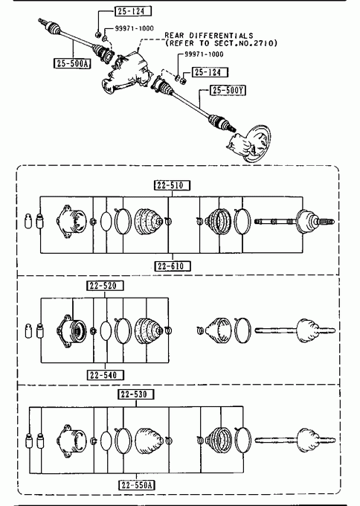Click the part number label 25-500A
tap(72, 63)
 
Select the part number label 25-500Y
tap(228, 90)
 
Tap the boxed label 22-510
tap(172, 185)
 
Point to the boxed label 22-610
tap(173, 266)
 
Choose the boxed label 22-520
tap(105, 286)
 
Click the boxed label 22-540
tap(106, 375)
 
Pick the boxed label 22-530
tap(136, 394)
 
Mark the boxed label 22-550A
tap(137, 485)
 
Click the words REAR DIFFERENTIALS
tap(209, 35)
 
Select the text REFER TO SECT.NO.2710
tap(221, 43)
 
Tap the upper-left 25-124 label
tap(133, 11)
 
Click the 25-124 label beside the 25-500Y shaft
tap(210, 72)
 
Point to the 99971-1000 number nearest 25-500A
tap(134, 28)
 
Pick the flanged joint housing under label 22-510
tap(71, 222)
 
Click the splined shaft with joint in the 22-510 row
tap(295, 222)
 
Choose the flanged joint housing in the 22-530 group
tap(71, 441)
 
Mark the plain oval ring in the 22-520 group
tap(106, 331)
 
